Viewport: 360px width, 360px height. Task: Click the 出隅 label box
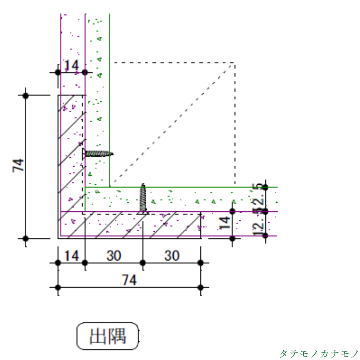tap(108, 336)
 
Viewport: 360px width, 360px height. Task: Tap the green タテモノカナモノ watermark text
tap(319, 353)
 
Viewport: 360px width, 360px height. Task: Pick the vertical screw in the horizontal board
tap(143, 199)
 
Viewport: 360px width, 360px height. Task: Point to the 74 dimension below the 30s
tap(129, 280)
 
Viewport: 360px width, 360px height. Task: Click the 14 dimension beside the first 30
tap(72, 256)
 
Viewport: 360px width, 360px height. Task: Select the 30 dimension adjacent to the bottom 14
tap(114, 256)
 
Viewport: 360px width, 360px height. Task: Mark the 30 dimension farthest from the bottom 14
tap(171, 256)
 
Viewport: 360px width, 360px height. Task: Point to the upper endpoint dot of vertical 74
tap(26, 95)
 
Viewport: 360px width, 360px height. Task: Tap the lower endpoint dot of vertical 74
tap(26, 238)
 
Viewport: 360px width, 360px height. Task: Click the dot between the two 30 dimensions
tap(143, 263)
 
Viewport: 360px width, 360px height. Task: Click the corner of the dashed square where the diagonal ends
tap(234, 63)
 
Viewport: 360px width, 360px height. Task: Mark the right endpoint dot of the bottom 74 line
tap(200, 288)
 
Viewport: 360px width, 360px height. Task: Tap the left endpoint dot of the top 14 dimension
tap(58, 72)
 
